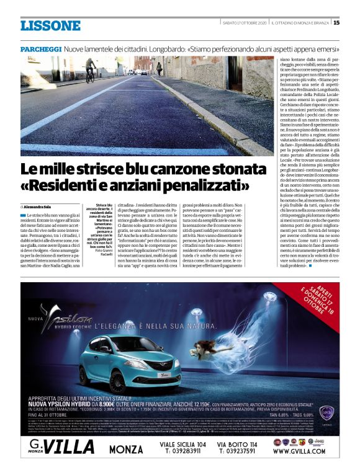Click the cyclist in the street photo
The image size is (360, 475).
91,70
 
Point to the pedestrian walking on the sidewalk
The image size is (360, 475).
159,68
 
